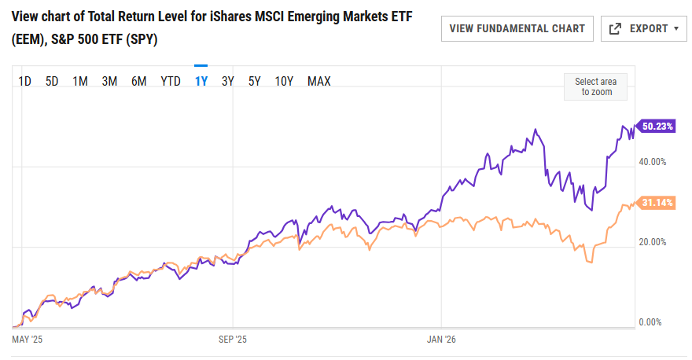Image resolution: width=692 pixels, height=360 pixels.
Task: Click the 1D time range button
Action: click(24, 81)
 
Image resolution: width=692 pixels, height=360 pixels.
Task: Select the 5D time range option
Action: click(52, 81)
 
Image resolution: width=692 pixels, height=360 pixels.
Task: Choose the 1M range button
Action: click(79, 81)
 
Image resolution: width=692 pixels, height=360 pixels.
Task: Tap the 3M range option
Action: click(109, 81)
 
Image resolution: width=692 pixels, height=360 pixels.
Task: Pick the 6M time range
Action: click(139, 81)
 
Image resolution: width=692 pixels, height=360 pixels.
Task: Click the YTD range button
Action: click(171, 81)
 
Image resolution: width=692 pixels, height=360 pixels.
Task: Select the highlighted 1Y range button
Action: click(201, 81)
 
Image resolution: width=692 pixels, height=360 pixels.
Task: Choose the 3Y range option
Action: click(228, 81)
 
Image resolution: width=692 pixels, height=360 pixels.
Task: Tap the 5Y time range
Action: click(255, 81)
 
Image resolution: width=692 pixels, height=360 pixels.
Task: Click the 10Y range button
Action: click(284, 81)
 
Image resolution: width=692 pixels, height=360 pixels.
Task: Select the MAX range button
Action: click(319, 81)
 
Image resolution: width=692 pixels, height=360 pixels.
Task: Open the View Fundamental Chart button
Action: click(517, 28)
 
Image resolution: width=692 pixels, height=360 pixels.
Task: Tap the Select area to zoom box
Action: click(595, 86)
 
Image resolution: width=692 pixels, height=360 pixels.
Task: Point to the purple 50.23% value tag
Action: click(657, 126)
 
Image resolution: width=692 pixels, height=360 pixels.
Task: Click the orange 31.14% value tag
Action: click(657, 203)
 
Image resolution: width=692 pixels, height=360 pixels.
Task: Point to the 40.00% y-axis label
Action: click(653, 162)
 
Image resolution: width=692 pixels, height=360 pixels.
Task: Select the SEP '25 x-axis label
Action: click(232, 340)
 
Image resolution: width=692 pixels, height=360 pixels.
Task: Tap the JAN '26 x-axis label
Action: click(441, 340)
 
